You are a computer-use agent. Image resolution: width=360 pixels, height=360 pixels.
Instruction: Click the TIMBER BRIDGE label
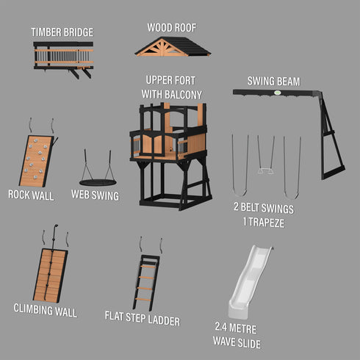pos(62,32)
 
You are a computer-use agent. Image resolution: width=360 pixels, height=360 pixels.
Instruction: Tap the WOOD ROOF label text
pos(172,27)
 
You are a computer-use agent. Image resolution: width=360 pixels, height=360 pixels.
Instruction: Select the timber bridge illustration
pos(62,57)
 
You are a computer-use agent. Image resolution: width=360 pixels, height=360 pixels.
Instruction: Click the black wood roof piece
pos(173,46)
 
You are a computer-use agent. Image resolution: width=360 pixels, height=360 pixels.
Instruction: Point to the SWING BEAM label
pos(273,82)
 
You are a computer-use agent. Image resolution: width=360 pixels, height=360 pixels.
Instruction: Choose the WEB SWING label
pos(95,195)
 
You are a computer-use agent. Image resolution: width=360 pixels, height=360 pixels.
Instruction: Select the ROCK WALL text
pos(31,195)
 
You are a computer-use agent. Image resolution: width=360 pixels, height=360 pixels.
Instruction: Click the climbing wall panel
pos(51,274)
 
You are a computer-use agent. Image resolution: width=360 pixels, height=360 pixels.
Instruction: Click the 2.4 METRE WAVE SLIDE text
pos(236,335)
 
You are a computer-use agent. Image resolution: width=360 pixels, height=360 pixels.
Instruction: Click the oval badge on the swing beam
pos(278,93)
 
